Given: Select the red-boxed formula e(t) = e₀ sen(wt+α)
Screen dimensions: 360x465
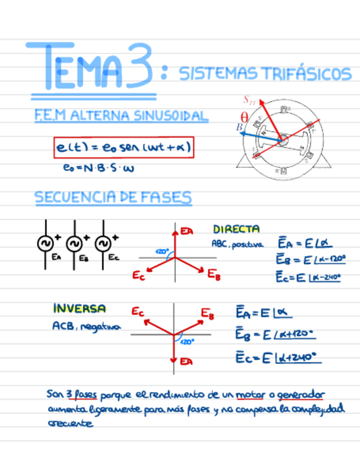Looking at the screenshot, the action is tap(124, 148).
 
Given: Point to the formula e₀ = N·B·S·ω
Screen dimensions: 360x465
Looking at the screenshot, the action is tap(99, 169).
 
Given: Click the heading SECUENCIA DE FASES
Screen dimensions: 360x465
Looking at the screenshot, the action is tap(114, 198).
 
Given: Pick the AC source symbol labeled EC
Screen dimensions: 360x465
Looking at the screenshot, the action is tap(103, 243).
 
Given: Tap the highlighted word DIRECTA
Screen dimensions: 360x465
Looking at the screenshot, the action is tap(236, 229).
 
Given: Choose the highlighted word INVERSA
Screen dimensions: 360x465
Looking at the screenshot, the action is tap(80, 309).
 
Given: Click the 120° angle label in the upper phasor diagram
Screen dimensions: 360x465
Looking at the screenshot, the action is tap(162, 251).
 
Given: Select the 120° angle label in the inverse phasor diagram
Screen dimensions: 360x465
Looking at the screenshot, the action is tap(187, 342).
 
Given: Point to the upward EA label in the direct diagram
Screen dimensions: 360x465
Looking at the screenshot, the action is tap(187, 231).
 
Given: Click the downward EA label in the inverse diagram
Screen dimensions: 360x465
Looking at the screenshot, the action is tap(187, 361).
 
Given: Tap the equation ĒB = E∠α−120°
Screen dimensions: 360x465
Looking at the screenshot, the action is tap(311, 259).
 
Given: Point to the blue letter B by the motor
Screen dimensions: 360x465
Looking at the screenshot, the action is tap(240, 127).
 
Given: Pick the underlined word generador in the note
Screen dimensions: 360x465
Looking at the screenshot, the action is tap(301, 395).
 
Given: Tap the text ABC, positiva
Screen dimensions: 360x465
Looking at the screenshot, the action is tap(238, 244).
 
